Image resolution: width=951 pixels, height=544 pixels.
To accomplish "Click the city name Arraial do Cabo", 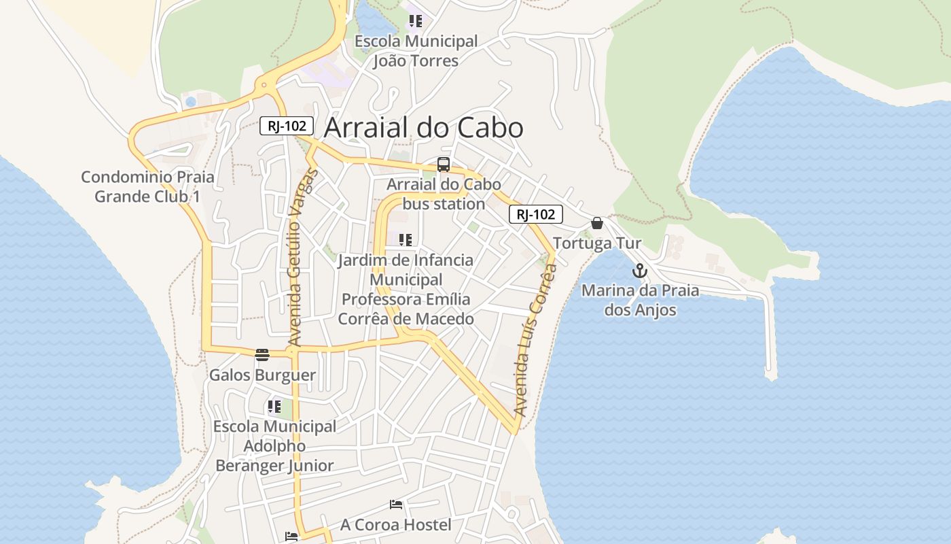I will [424, 128].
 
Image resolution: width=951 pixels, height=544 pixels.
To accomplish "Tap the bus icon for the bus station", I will [444, 164].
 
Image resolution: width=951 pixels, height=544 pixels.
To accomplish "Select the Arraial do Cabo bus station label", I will [444, 194].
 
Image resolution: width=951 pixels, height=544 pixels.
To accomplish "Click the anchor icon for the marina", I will [639, 271].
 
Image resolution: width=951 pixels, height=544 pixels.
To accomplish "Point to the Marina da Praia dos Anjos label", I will [640, 301].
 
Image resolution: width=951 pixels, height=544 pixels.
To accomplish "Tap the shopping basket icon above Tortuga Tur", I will [597, 223].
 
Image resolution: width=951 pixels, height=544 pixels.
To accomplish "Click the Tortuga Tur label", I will [597, 243].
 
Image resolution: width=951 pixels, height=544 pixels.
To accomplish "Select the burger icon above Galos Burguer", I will [262, 354].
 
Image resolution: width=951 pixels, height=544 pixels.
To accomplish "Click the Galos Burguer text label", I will [262, 375].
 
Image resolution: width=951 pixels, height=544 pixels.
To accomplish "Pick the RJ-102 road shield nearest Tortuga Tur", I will [536, 214].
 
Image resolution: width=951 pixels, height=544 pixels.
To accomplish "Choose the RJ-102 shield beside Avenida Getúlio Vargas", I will [287, 126].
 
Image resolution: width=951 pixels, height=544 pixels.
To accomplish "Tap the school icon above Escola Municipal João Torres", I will [415, 21].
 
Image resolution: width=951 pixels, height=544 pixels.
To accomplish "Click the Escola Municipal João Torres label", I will [416, 51].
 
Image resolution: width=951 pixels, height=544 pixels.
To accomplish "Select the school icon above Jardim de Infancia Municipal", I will [406, 239].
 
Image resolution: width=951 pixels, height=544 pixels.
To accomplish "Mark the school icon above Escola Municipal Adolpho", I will [274, 407].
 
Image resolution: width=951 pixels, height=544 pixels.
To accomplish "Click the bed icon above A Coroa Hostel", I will [396, 505].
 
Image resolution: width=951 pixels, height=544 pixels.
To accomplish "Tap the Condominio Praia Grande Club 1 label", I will [147, 187].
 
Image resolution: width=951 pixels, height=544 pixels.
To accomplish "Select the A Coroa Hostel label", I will [395, 525].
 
